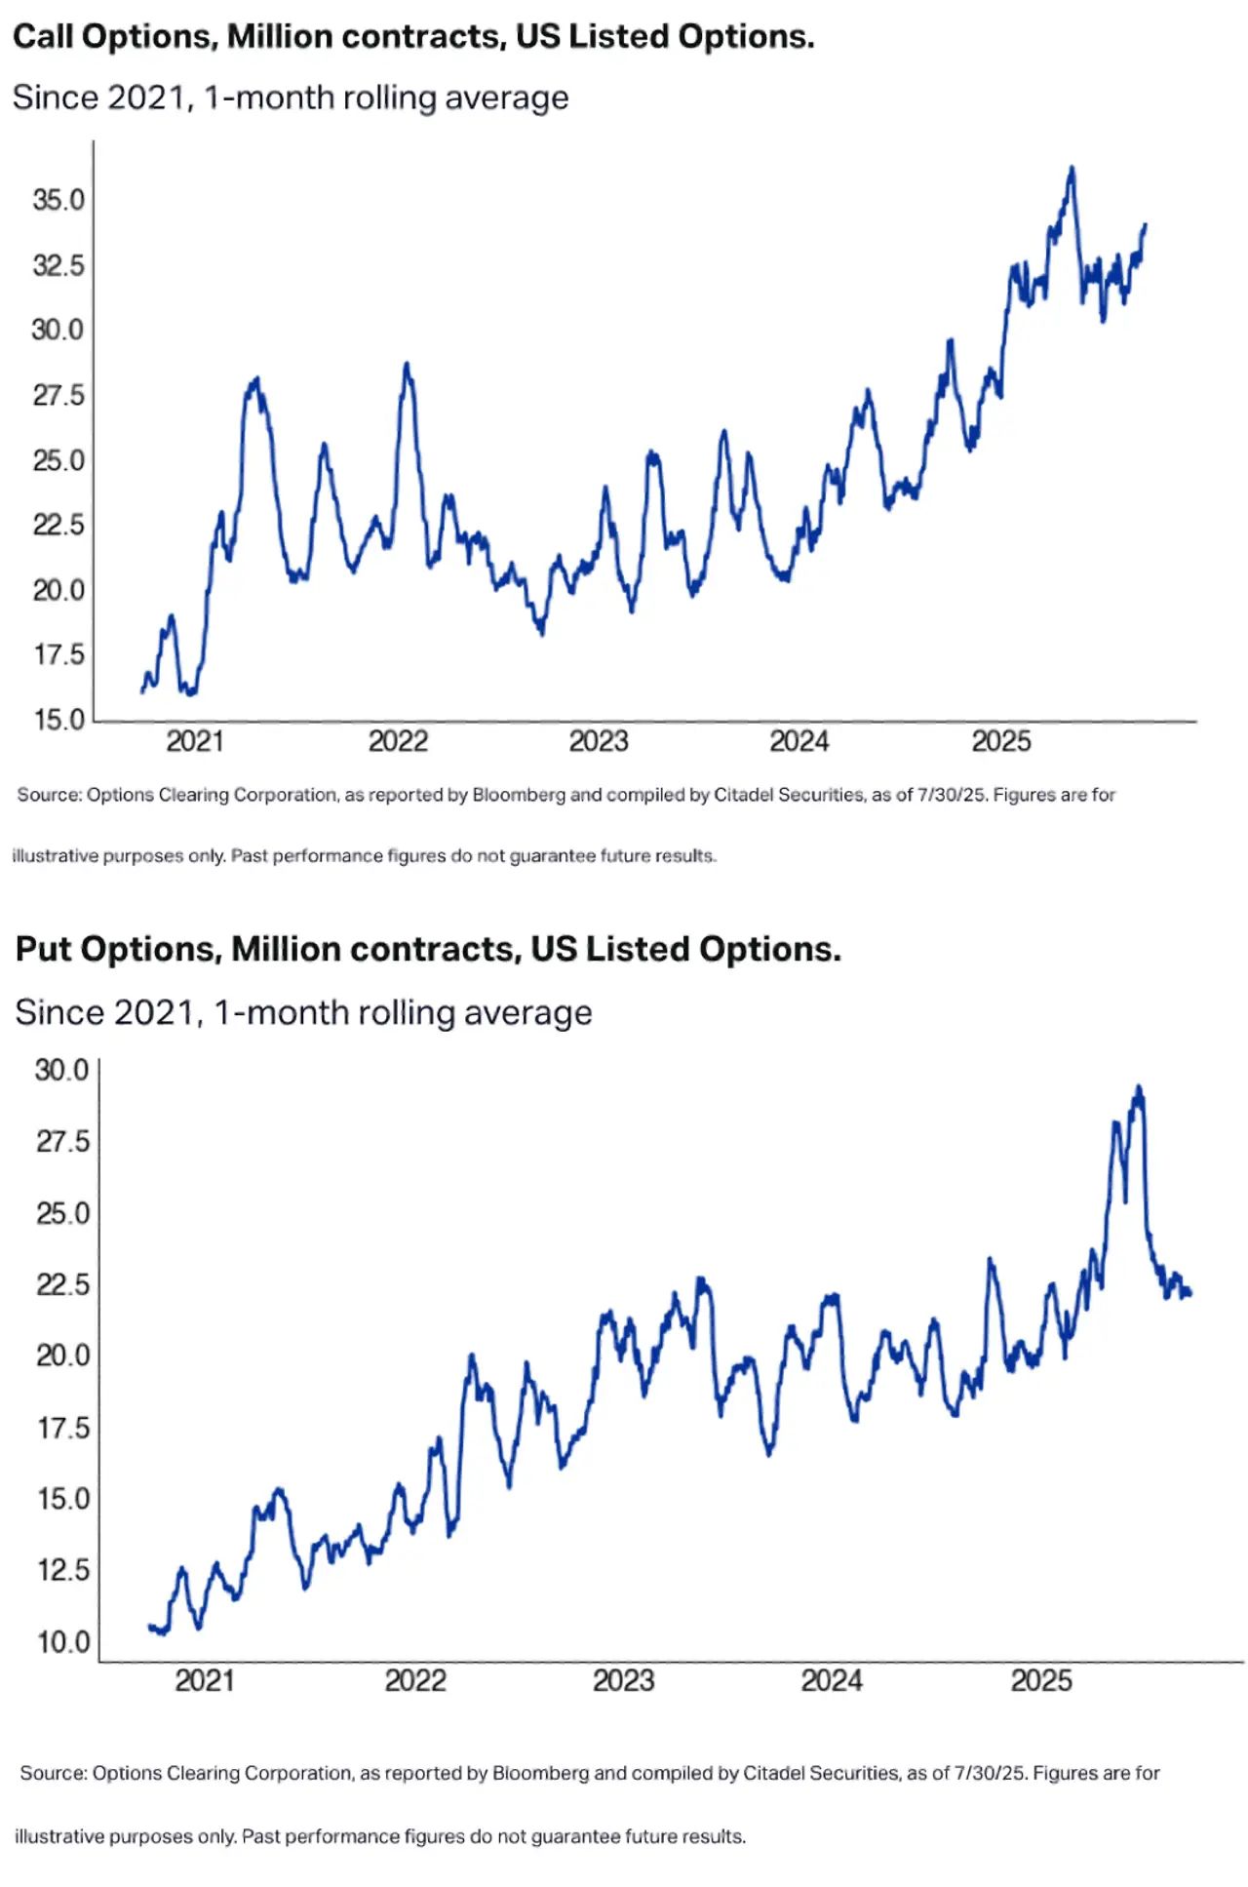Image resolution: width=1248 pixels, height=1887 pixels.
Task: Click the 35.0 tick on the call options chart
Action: click(58, 200)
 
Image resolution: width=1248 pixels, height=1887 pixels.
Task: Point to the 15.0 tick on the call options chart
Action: click(59, 720)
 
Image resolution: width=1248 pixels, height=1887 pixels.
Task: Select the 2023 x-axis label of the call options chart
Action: click(599, 741)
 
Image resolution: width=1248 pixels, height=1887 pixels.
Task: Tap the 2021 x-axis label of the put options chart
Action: click(205, 1680)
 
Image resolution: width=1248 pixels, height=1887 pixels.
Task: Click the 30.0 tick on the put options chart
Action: click(62, 1070)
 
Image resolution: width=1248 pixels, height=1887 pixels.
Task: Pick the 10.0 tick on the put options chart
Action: click(63, 1642)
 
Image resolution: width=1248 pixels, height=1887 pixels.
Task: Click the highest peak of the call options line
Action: click(1072, 168)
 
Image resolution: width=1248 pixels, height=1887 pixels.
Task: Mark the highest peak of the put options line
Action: click(1139, 1087)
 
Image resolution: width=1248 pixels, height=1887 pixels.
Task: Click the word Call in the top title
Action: click(43, 36)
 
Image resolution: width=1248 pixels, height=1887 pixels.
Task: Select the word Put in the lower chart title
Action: click(43, 949)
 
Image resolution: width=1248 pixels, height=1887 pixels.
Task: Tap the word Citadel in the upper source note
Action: click(743, 795)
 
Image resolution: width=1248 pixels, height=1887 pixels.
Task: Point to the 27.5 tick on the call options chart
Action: click(58, 395)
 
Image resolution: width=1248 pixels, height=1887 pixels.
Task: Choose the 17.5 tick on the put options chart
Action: click(63, 1428)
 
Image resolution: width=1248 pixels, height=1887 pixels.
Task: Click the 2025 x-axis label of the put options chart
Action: click(1041, 1680)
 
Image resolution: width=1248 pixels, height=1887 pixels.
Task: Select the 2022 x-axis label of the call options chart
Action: click(398, 741)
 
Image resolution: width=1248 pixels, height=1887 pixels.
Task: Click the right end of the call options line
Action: click(1146, 225)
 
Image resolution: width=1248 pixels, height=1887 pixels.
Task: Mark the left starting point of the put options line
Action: click(149, 1626)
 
